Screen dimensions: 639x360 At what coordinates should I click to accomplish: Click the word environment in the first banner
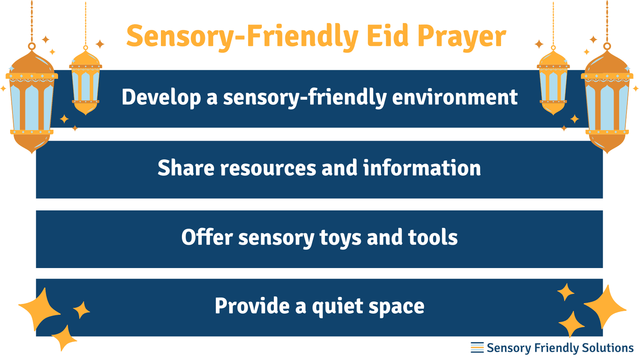click(x=455, y=97)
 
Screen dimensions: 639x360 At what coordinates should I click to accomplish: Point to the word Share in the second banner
click(x=186, y=168)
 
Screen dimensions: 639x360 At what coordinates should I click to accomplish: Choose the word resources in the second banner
click(x=268, y=169)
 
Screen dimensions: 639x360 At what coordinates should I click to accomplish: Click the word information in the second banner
click(x=422, y=168)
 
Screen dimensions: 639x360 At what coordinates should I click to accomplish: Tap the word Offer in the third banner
click(x=207, y=237)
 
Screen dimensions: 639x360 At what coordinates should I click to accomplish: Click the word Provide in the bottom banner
click(x=252, y=306)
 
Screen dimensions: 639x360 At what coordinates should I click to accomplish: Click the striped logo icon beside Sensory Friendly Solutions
click(x=477, y=348)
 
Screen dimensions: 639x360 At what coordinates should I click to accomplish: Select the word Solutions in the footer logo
click(x=607, y=348)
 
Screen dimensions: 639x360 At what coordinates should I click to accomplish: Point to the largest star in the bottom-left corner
click(x=40, y=309)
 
